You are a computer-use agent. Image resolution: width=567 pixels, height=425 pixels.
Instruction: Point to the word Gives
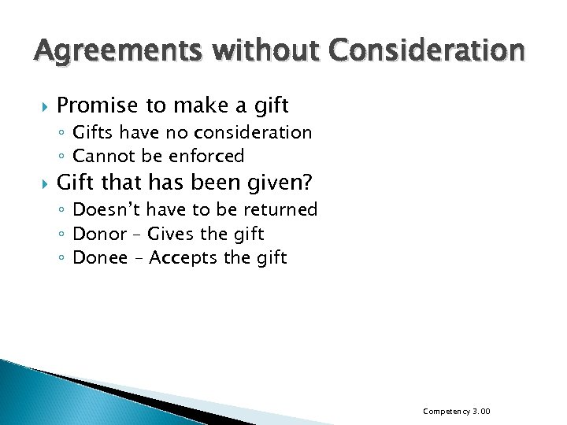point(173,234)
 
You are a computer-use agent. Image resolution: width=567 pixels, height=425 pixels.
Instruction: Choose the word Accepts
point(183,257)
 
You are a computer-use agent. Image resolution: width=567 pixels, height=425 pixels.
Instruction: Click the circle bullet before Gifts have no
point(61,133)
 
